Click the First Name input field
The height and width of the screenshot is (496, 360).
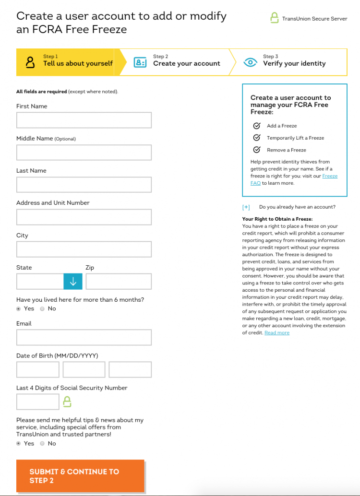click(84, 120)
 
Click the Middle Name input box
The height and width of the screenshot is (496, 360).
click(84, 153)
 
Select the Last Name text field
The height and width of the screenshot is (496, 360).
click(84, 185)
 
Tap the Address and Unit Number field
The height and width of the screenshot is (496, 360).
click(84, 217)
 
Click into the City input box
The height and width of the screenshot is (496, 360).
click(84, 249)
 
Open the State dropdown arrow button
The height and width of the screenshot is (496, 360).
click(73, 282)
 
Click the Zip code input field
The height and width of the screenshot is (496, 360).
click(119, 282)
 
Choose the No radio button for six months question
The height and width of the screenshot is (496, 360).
click(42, 309)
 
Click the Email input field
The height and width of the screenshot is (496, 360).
click(84, 337)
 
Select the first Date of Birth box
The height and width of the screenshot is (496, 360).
click(38, 370)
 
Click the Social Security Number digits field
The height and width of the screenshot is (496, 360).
click(38, 402)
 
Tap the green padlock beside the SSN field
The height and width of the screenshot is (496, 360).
click(67, 402)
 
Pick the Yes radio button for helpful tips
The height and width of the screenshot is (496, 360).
click(19, 444)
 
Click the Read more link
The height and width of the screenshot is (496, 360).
click(277, 333)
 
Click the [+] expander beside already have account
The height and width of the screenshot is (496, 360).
click(246, 207)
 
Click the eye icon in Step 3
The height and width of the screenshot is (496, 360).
click(250, 62)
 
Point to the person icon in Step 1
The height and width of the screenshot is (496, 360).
click(30, 62)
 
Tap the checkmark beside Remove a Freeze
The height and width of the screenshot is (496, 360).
click(257, 150)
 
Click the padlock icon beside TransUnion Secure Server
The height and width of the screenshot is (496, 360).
click(274, 18)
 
